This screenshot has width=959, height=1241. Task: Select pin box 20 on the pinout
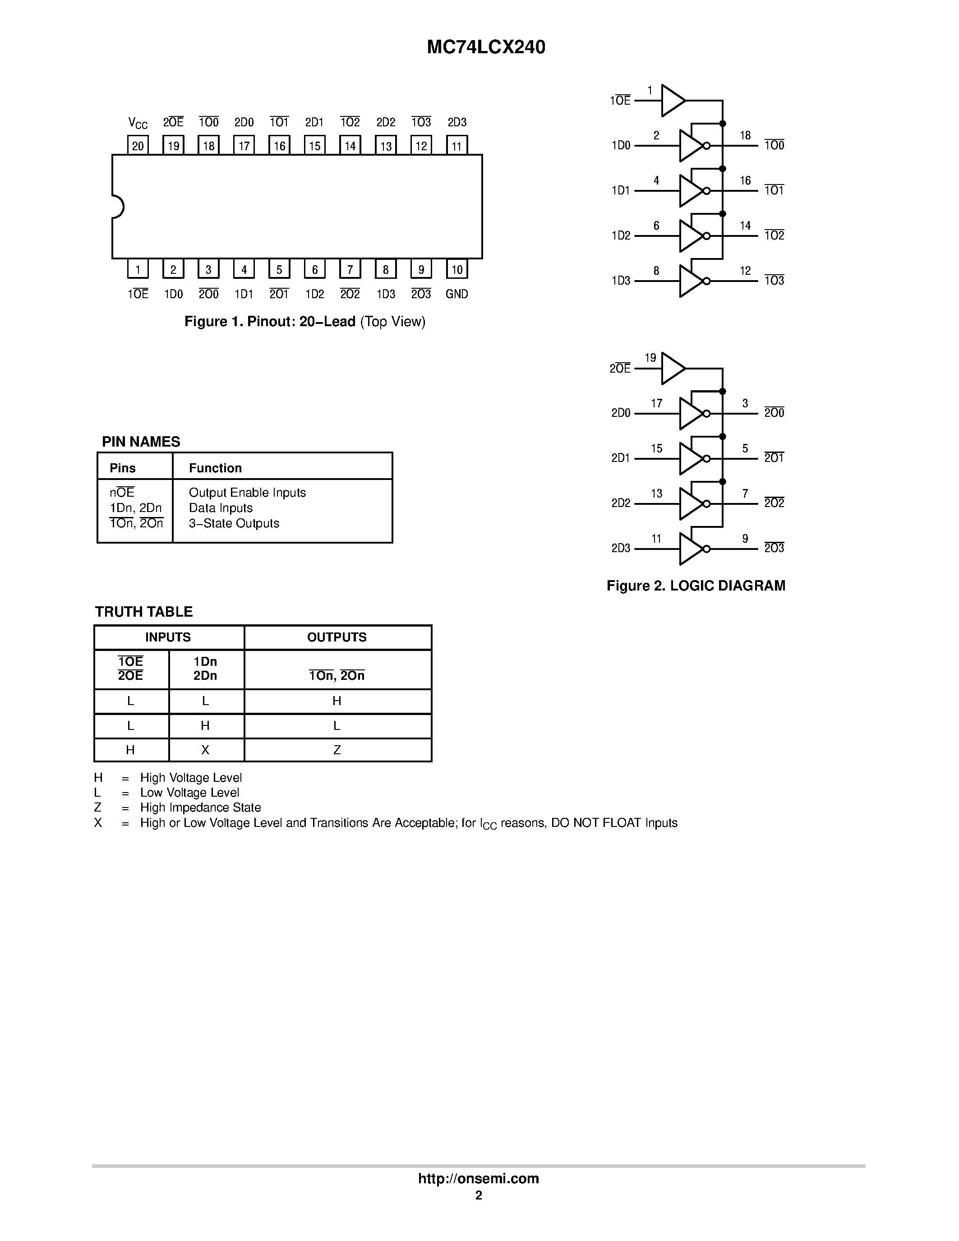tap(138, 145)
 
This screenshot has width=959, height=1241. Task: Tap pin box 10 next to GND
tap(457, 269)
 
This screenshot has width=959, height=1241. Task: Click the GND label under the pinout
tap(457, 294)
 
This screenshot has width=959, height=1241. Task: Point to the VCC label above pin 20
tap(138, 123)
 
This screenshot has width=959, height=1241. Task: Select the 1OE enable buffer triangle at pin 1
tap(673, 101)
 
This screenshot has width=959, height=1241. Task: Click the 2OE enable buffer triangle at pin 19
tap(673, 368)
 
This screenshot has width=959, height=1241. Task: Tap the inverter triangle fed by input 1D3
tap(690, 281)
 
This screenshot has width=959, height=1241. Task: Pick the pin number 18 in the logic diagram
tap(745, 135)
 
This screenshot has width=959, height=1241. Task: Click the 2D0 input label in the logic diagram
tap(620, 413)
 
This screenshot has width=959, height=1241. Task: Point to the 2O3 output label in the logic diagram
tap(774, 549)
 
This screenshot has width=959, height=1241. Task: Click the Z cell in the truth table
tap(337, 750)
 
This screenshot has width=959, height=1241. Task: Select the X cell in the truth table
tap(205, 750)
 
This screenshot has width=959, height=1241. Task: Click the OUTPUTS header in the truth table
tap(337, 637)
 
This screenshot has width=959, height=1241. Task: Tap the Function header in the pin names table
tap(215, 468)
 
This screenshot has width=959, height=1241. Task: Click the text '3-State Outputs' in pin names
tap(234, 523)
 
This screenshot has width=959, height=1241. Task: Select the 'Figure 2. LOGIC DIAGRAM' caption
tap(696, 586)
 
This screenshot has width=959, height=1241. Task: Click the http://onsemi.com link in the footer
tap(478, 1178)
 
